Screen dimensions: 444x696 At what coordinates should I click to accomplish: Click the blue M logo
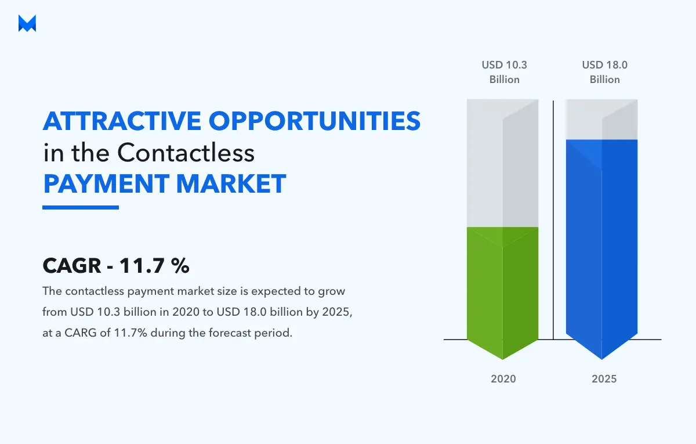27,24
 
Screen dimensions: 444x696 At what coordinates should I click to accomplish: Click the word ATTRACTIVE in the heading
121,121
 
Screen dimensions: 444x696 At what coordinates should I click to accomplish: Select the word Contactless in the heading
186,153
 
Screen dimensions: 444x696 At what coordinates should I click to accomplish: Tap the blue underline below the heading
81,207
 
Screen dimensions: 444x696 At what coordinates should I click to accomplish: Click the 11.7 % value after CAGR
154,266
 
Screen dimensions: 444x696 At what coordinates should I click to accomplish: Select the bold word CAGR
72,266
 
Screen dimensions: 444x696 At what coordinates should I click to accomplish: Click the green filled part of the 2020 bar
502,284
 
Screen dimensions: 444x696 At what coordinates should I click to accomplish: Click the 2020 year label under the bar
503,379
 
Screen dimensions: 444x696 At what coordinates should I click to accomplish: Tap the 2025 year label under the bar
604,379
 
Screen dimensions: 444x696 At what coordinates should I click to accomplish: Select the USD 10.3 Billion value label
504,72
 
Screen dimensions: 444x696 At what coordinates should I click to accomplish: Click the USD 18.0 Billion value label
605,72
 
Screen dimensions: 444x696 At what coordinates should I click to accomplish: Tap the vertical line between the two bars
553,221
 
